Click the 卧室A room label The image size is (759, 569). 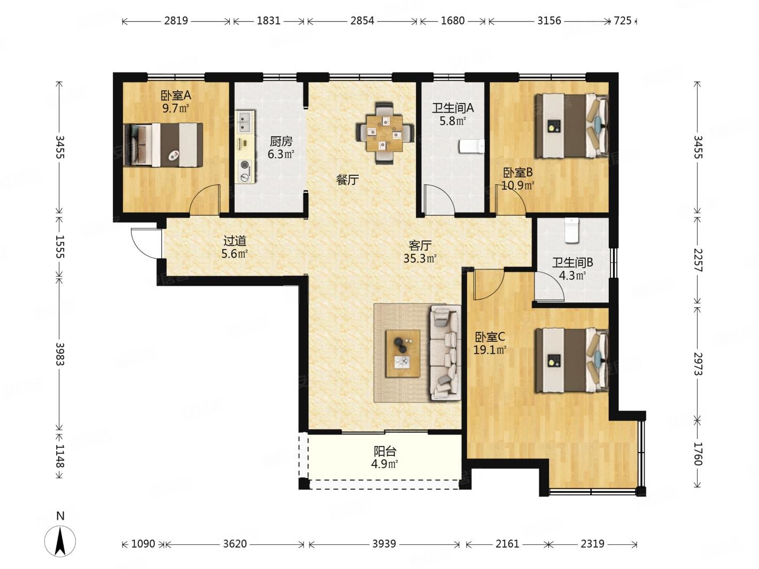pyautogui.click(x=176, y=95)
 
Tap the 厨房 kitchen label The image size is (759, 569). pyautogui.click(x=281, y=141)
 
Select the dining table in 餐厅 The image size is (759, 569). pyautogui.click(x=384, y=133)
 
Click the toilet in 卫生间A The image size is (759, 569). pyautogui.click(x=471, y=146)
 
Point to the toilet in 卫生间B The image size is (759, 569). pyautogui.click(x=571, y=230)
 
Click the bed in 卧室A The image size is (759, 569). pyautogui.click(x=163, y=145)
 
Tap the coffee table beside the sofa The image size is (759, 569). pyautogui.click(x=403, y=354)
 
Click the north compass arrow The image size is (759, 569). pyautogui.click(x=60, y=541)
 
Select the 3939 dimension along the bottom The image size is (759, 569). pyautogui.click(x=384, y=544)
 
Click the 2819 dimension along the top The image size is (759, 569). pyautogui.click(x=176, y=21)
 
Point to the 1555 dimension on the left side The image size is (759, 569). pyautogui.click(x=60, y=247)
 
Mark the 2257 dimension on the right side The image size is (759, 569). pyautogui.click(x=697, y=260)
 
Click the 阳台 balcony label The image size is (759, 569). pyautogui.click(x=384, y=451)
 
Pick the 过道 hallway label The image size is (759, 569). pyautogui.click(x=235, y=240)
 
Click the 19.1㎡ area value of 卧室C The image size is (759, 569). pyautogui.click(x=490, y=350)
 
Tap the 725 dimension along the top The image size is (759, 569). pyautogui.click(x=622, y=21)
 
